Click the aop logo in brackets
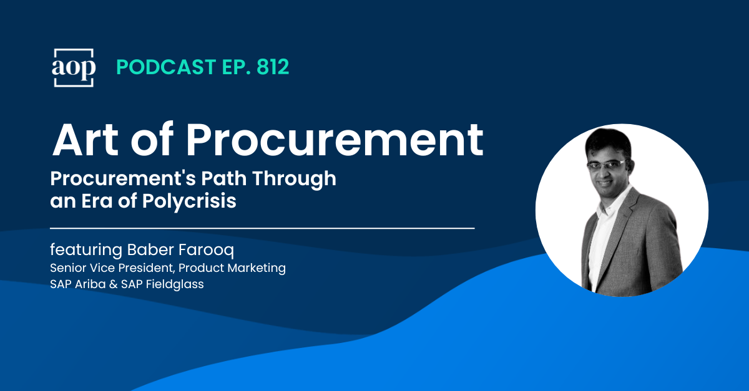[74, 68]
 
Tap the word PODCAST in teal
[166, 67]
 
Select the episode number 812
[273, 67]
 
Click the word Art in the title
[86, 140]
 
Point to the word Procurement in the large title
[335, 140]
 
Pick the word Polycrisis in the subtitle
[189, 201]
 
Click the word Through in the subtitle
[294, 179]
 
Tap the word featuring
[86, 250]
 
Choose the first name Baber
[150, 249]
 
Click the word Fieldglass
[175, 284]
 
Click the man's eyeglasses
[606, 165]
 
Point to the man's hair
[608, 142]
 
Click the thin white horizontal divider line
[262, 228]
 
